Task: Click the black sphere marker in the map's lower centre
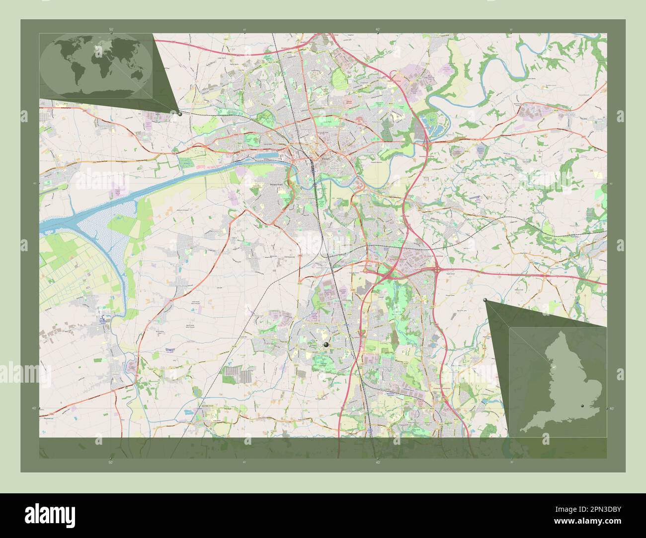click(326, 343)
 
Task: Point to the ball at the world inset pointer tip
click(179, 113)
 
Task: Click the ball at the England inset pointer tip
click(485, 300)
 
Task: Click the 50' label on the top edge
click(111, 30)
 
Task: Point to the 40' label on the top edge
click(378, 30)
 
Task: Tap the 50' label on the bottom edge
click(111, 462)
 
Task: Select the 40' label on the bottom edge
click(378, 462)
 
